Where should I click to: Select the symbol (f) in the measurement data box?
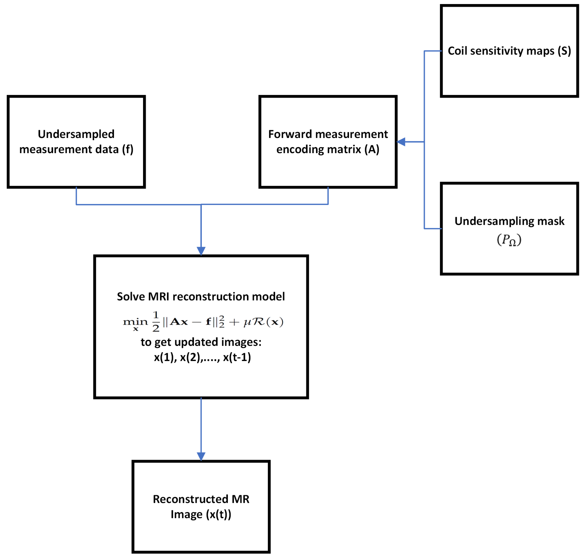tap(128, 149)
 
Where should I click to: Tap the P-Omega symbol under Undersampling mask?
tap(509, 240)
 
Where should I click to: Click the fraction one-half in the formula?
tap(156, 322)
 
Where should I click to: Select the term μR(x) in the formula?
tap(263, 322)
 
